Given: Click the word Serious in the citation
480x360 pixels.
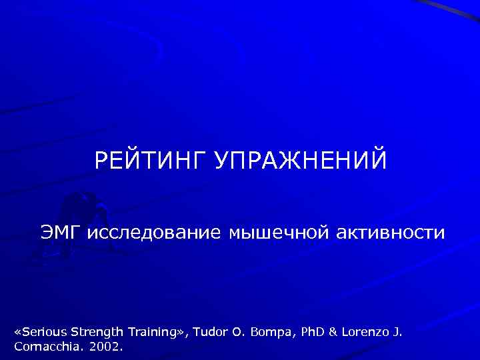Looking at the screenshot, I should point(44,331).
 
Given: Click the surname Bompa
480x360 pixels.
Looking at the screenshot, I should point(273,331).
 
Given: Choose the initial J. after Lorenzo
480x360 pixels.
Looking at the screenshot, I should point(399,331).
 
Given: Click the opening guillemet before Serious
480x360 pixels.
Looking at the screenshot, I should point(18,332).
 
